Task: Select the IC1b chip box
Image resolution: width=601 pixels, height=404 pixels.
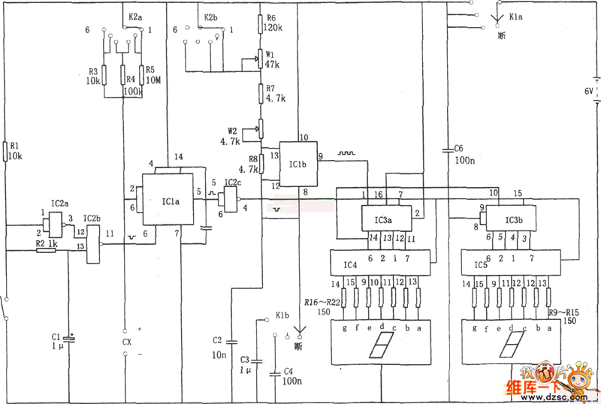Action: pyautogui.click(x=297, y=164)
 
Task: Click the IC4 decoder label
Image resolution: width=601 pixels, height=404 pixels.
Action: pyautogui.click(x=350, y=265)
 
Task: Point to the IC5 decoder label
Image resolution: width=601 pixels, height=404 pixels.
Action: pyautogui.click(x=480, y=265)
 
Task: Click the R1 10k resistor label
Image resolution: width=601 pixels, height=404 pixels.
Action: pyautogui.click(x=15, y=151)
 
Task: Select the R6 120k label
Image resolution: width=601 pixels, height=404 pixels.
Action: pyautogui.click(x=271, y=23)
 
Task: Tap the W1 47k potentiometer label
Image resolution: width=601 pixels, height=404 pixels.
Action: pyautogui.click(x=271, y=59)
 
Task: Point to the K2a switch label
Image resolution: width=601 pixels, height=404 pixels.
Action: pyautogui.click(x=135, y=15)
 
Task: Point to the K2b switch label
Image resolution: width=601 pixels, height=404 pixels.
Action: pyautogui.click(x=211, y=15)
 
